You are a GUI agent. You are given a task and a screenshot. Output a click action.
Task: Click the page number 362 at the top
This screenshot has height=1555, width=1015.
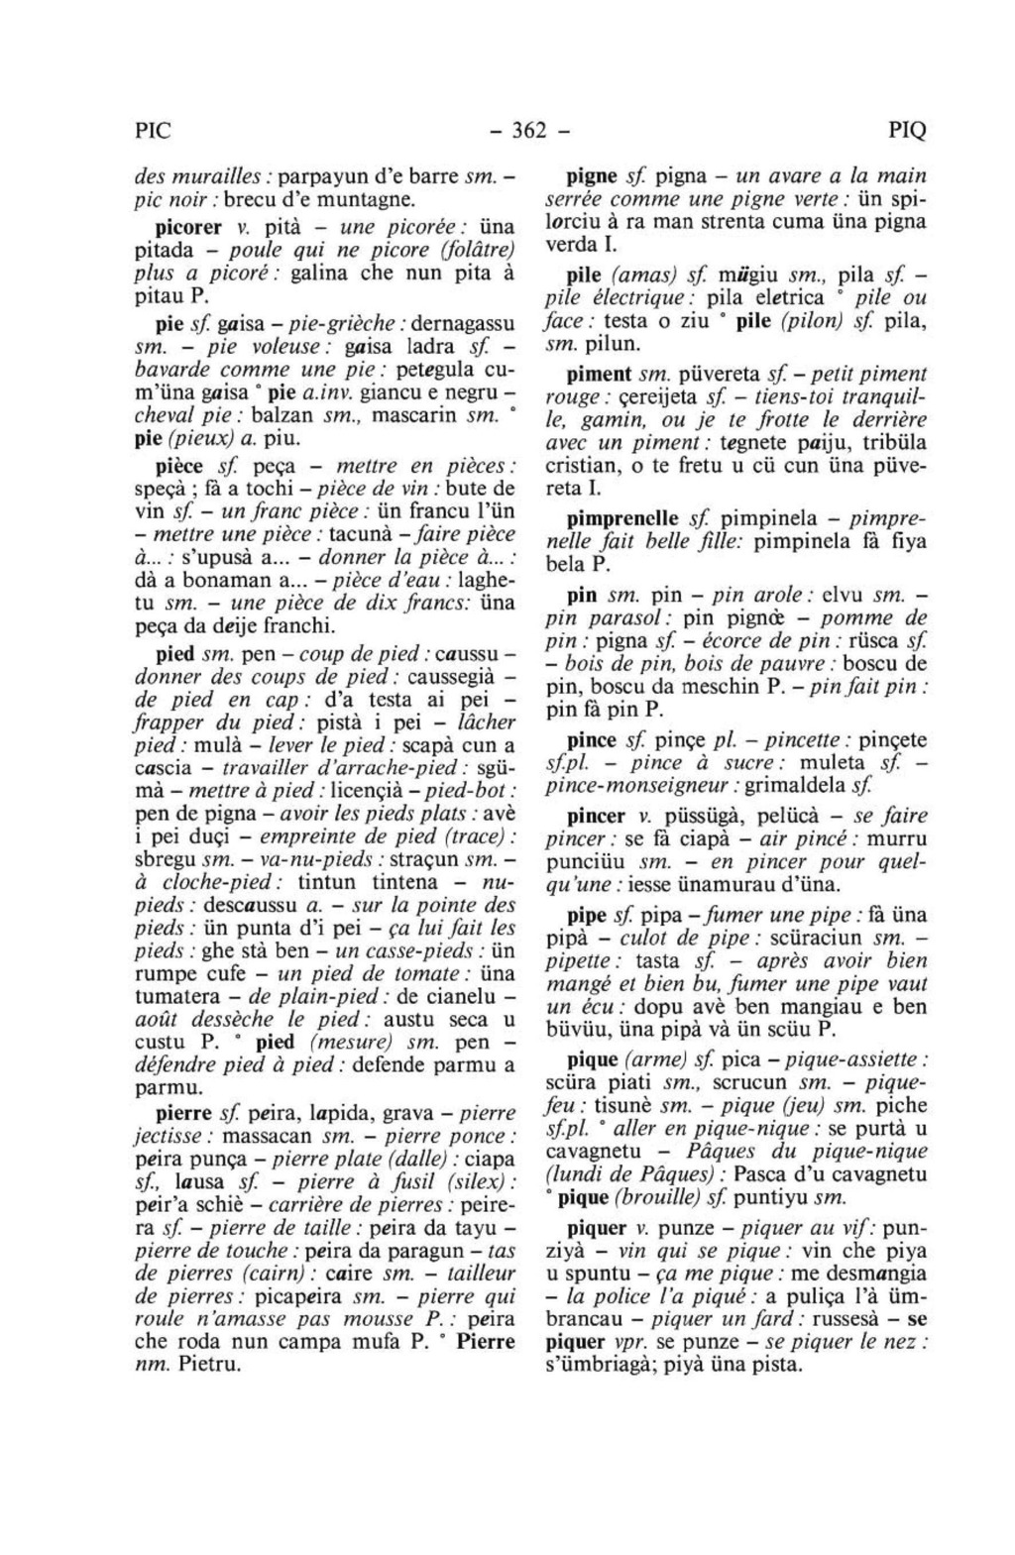pos(530,131)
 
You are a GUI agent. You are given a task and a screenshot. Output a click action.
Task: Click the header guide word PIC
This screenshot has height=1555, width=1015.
pos(153,131)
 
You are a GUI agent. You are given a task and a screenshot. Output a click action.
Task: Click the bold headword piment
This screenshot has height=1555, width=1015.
pos(599,376)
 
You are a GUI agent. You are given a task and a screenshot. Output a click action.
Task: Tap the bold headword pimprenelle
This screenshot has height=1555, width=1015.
pos(622,519)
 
